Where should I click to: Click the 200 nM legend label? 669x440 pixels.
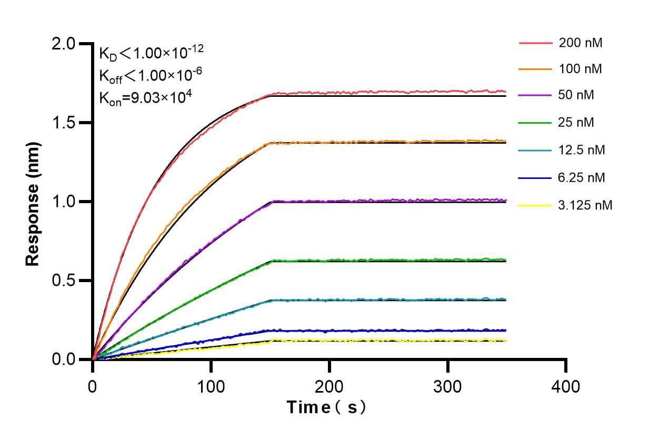[581, 43]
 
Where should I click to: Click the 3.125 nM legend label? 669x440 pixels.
[585, 205]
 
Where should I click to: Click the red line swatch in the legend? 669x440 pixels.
[535, 43]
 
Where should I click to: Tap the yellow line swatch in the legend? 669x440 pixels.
[535, 205]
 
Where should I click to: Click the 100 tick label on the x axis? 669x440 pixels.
[211, 387]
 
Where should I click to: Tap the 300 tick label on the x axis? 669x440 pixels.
[447, 387]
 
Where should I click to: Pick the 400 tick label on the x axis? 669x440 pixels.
[566, 387]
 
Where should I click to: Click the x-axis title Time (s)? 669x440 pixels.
[327, 407]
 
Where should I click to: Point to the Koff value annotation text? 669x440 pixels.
[150, 75]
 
